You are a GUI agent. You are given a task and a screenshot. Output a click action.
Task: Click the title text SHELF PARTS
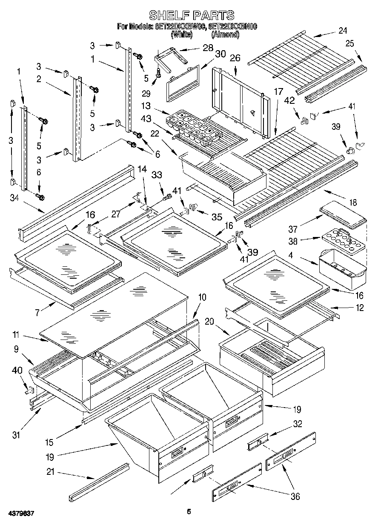click(x=191, y=15)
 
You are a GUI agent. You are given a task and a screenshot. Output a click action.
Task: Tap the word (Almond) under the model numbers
click(x=225, y=34)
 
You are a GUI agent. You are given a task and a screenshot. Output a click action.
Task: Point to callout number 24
click(x=343, y=31)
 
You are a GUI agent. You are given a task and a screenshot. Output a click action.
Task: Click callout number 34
click(x=14, y=197)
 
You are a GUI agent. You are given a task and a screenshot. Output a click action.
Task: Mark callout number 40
click(x=17, y=371)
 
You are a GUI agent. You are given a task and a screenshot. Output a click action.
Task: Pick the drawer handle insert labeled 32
click(x=258, y=441)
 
